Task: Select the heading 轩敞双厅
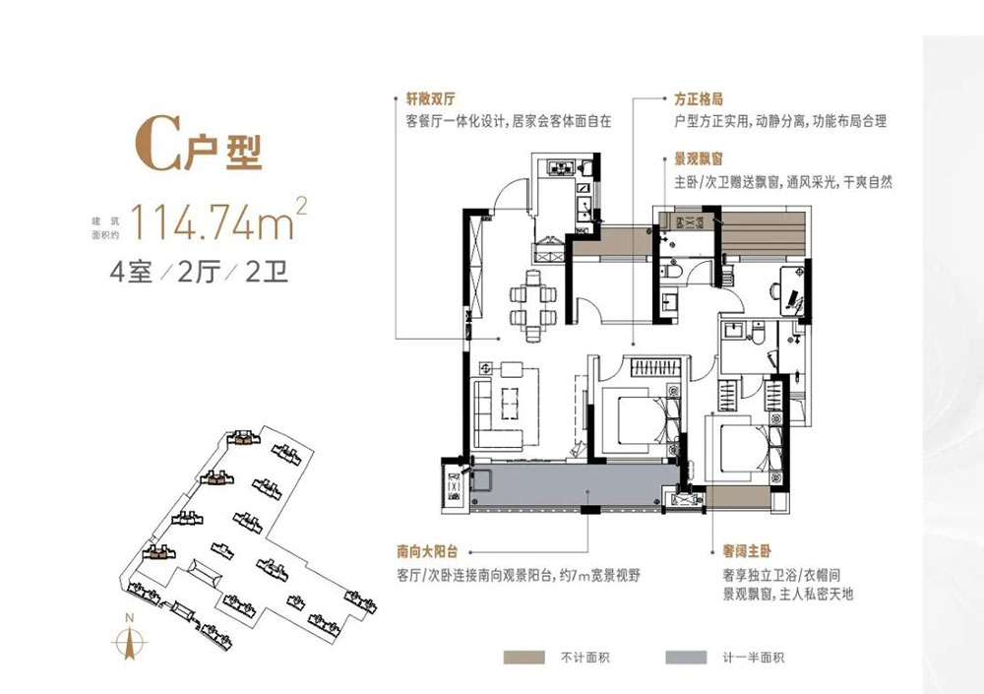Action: [x=434, y=99]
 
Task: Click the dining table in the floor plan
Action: [x=526, y=302]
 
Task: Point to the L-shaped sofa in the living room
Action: [x=487, y=413]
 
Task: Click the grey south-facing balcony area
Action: [x=576, y=487]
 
